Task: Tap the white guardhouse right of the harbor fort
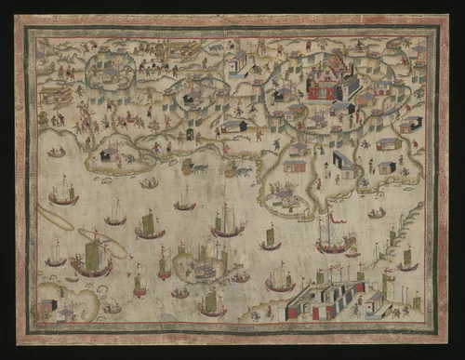374,300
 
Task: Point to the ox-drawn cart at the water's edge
191,167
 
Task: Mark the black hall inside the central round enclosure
192,97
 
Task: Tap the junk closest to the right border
407,260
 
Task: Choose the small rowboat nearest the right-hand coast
376,213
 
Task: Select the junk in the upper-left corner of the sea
63,193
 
